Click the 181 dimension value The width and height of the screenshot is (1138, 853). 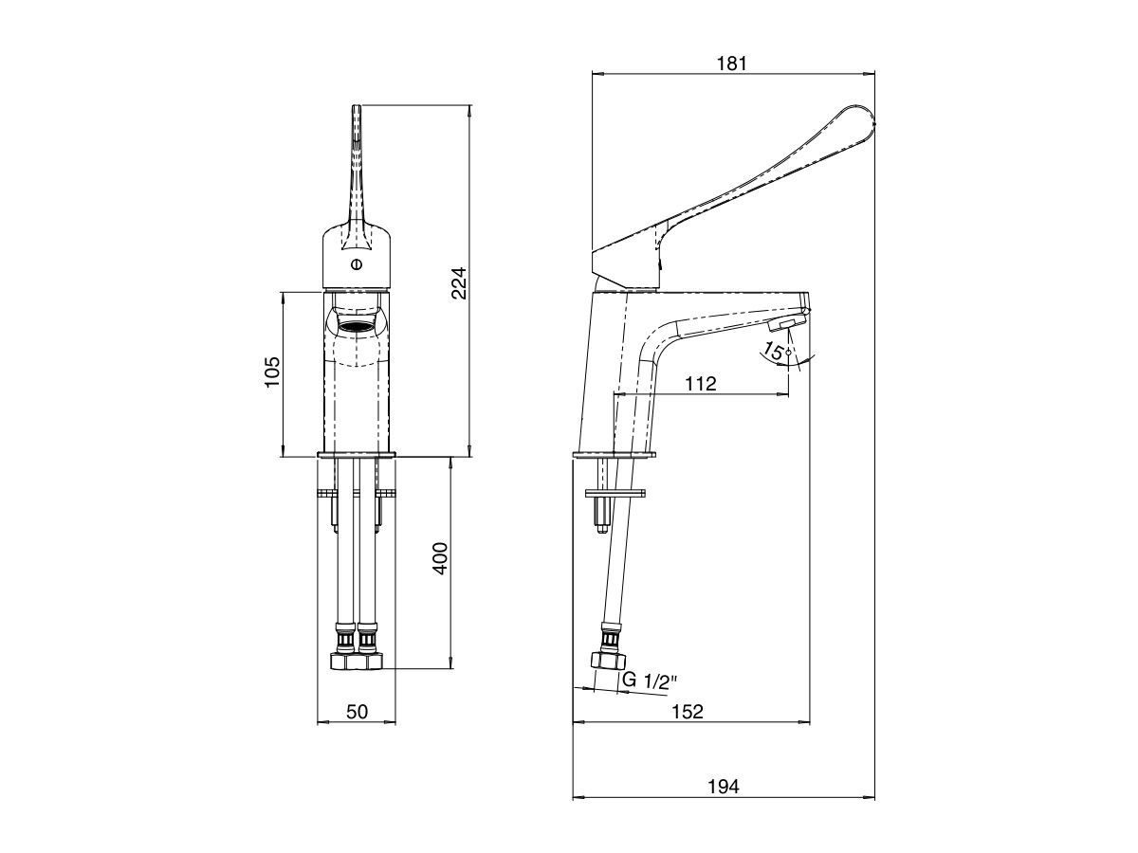point(732,64)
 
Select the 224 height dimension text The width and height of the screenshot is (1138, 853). point(458,281)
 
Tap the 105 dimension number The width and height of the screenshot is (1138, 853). point(271,374)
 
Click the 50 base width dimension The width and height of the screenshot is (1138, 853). point(356,712)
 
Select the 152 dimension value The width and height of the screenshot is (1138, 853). point(689,712)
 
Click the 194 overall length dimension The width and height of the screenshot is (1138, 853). point(724,786)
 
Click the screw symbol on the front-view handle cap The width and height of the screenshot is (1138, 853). point(356,264)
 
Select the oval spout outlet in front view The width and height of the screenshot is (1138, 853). point(356,329)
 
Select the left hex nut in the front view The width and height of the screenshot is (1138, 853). point(343,661)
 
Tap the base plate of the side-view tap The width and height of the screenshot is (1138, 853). point(614,457)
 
